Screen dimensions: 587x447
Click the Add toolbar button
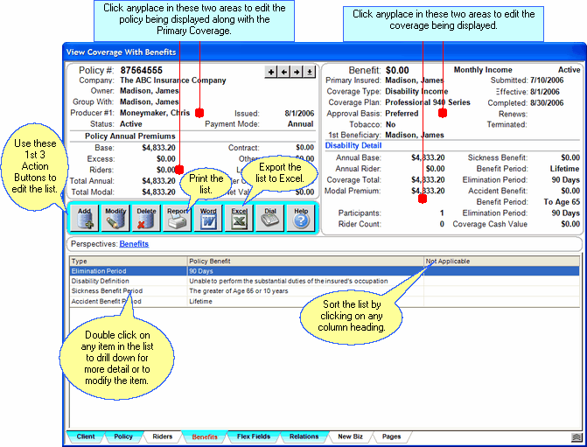tap(85, 217)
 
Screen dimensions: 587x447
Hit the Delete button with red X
tap(146, 217)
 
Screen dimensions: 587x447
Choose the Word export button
tap(208, 217)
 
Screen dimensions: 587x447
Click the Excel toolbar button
tap(238, 217)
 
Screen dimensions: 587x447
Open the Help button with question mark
tap(300, 217)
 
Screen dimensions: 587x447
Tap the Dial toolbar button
tap(269, 217)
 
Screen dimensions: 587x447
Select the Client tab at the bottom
tap(86, 436)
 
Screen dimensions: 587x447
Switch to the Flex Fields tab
tap(254, 436)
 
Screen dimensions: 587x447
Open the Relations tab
tap(303, 436)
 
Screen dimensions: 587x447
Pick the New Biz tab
tap(350, 436)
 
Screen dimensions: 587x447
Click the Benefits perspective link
tap(134, 244)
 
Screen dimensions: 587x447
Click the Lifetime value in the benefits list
tap(203, 300)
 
